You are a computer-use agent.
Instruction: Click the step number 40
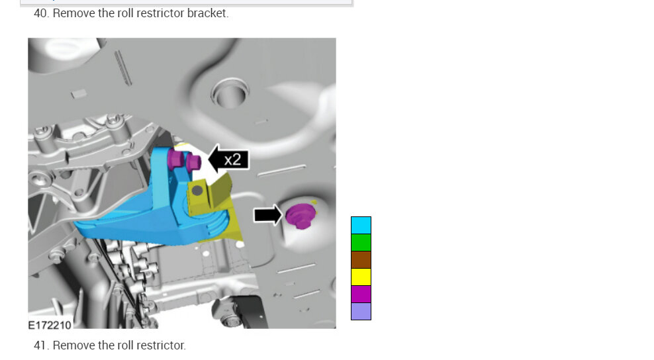[x=41, y=13]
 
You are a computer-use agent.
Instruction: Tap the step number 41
[x=41, y=345]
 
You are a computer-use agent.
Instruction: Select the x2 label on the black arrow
[x=232, y=159]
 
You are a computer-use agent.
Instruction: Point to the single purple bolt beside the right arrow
[x=301, y=216]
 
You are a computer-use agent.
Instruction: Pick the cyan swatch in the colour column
[x=361, y=225]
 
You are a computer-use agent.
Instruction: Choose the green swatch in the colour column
[x=361, y=242]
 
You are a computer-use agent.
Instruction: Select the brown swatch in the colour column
[x=361, y=260]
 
